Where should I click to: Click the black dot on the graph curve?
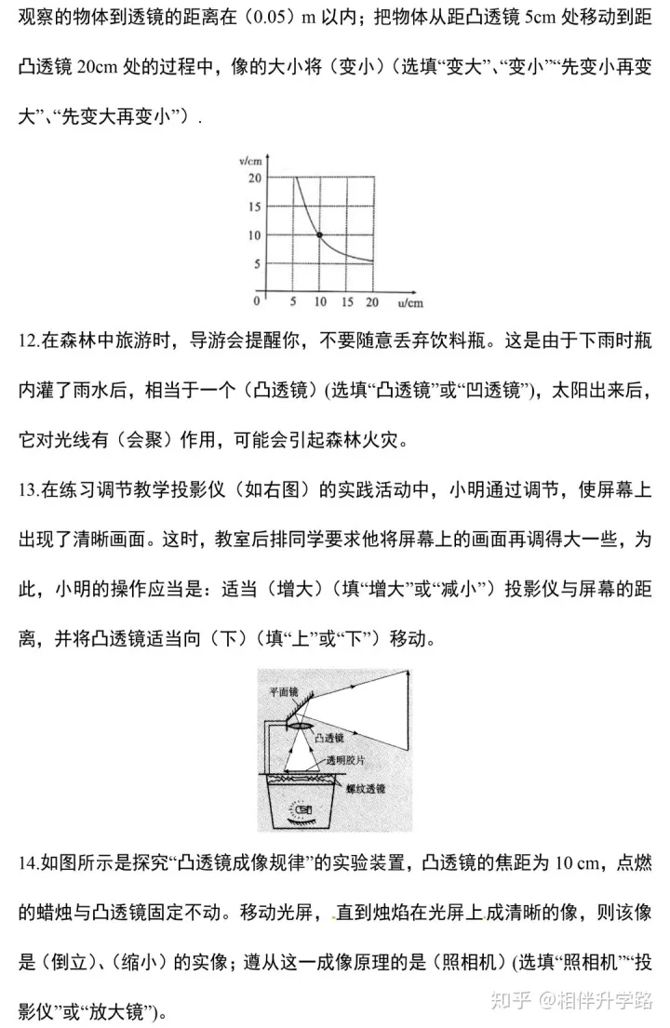(319, 235)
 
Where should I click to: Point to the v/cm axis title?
(248, 162)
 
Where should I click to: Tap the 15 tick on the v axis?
(255, 207)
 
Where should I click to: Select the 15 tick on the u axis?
(346, 302)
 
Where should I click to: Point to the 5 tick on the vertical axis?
(258, 263)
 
